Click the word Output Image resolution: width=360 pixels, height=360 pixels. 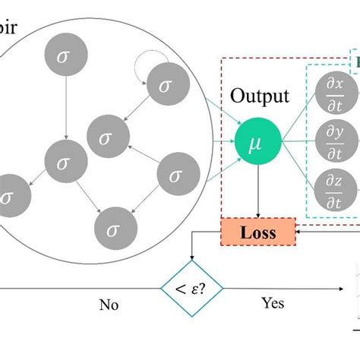pos(260,96)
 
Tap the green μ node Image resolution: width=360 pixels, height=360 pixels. pos(259,140)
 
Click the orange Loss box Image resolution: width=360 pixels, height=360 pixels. pos(259,232)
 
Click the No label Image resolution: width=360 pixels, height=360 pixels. pos(109,305)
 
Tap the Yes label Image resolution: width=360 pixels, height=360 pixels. pos(273,303)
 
